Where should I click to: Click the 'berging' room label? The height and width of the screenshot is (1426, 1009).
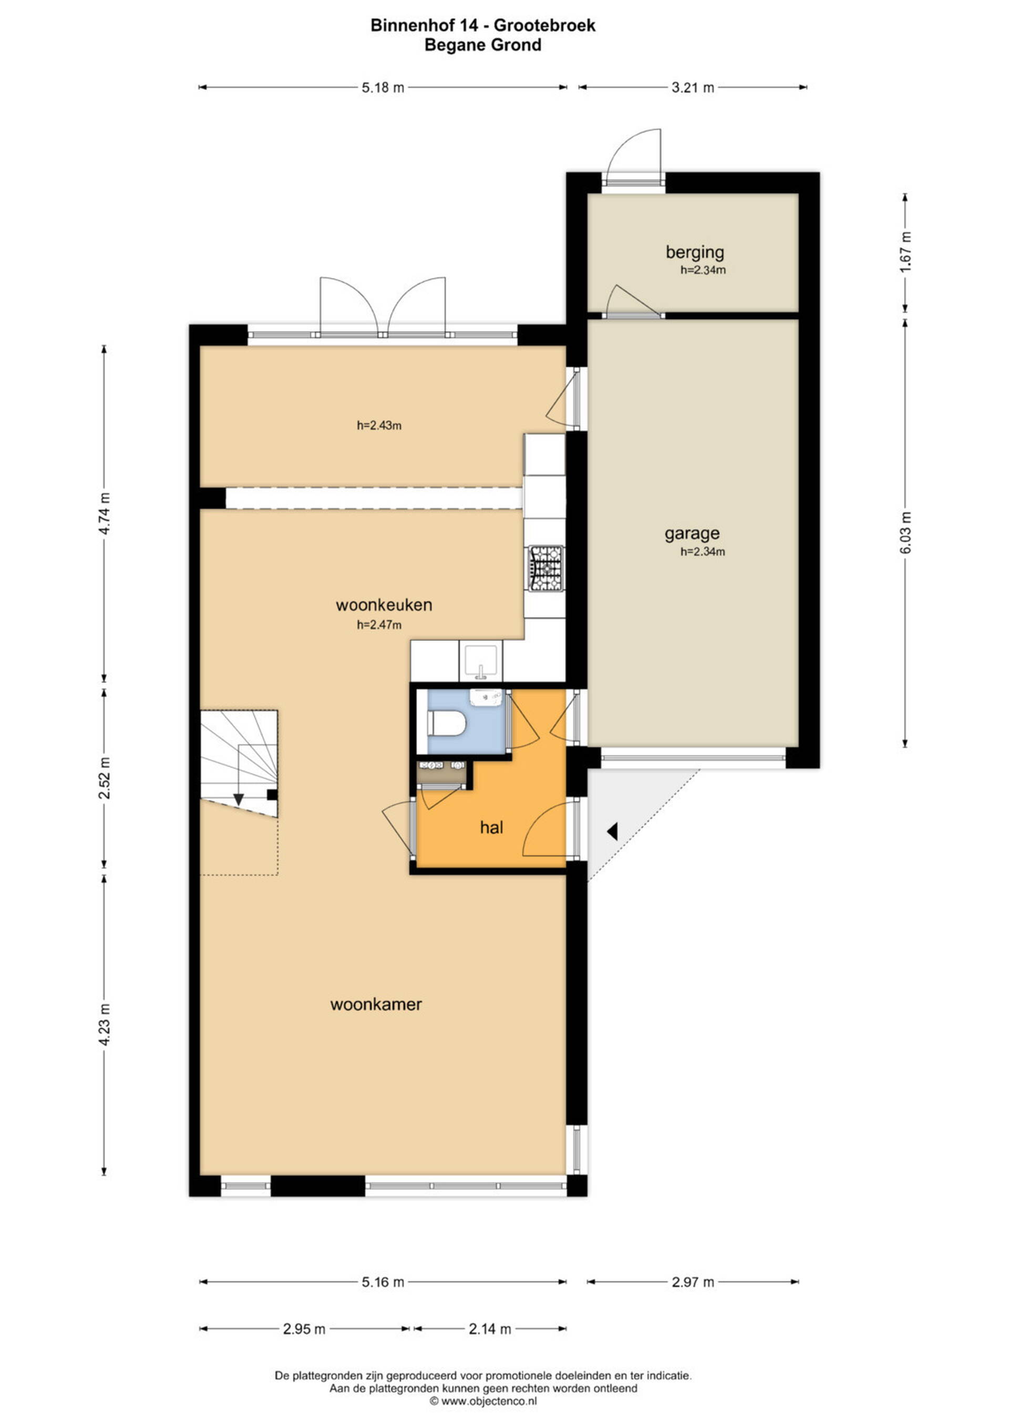pos(695,252)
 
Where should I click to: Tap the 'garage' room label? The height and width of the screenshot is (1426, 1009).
pos(692,533)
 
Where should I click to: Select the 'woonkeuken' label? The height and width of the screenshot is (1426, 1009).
pos(384,605)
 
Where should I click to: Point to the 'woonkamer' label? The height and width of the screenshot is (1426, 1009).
pos(376,1004)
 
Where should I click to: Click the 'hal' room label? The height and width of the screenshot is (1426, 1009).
pos(491,827)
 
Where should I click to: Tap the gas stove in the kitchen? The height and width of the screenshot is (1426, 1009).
pos(545,567)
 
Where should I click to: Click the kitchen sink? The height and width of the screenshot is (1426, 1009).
pos(481,662)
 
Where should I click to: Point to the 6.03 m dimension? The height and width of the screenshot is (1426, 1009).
pos(905,533)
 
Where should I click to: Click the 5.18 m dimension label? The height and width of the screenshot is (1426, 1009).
pos(383,88)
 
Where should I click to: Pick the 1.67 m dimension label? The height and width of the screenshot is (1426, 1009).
pos(905,251)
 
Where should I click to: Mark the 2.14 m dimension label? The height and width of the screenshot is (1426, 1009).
pos(490,1329)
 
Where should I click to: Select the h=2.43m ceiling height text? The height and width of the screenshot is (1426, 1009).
pos(379,426)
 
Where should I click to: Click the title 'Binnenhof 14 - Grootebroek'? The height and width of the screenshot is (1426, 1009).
pos(483,25)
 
